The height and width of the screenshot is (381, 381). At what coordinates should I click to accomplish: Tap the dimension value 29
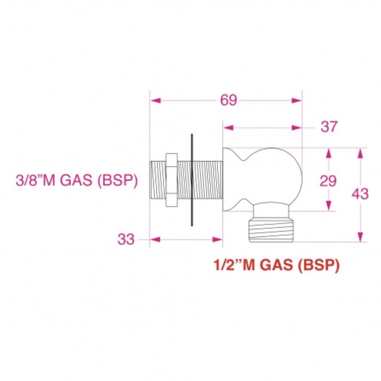click(x=328, y=181)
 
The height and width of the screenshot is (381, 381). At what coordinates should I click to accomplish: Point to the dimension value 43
click(x=360, y=194)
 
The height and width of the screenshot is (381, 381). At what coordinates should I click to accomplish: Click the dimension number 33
click(x=126, y=240)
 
